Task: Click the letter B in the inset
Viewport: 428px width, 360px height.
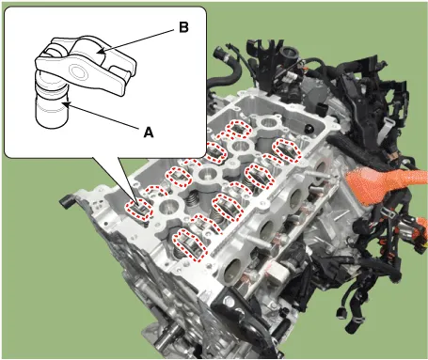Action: [183, 27]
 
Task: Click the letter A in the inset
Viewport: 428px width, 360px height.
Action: [149, 133]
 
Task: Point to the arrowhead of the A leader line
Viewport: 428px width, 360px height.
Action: [66, 104]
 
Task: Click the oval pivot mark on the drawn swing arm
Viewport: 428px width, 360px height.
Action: [77, 71]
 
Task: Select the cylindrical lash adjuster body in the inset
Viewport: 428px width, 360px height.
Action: [51, 102]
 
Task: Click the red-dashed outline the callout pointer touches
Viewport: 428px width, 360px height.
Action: [139, 210]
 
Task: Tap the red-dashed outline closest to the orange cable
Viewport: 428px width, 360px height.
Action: [287, 150]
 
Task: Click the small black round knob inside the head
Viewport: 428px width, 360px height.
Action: [309, 129]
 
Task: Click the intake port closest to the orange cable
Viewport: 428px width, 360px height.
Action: [321, 167]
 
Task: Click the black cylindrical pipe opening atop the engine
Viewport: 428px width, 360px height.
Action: [289, 52]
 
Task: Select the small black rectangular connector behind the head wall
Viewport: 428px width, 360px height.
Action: [322, 109]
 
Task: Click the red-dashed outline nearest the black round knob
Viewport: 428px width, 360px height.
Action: [287, 150]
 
